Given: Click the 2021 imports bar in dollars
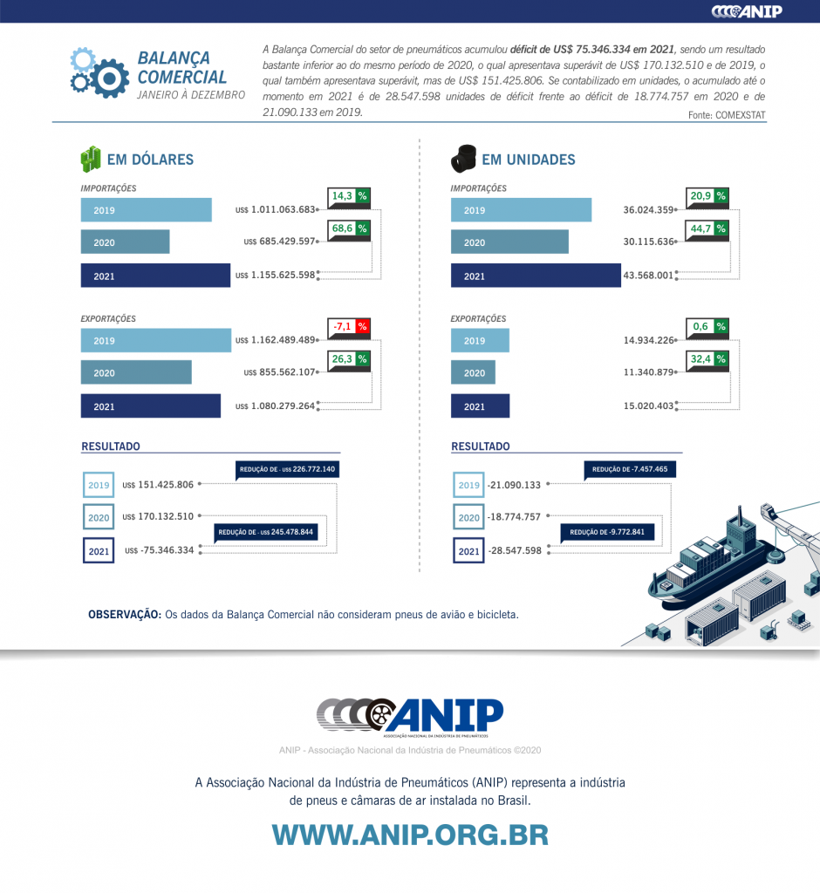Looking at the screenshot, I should point(155,276).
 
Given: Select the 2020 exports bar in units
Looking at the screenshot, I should point(473,373).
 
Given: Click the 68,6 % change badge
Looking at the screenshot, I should point(349,229).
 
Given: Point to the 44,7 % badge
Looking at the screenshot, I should point(707,229).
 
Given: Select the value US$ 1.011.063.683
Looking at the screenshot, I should point(275,210).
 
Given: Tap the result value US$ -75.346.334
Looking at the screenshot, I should point(160,550).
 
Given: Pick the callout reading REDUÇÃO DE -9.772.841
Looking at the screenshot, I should point(606,532).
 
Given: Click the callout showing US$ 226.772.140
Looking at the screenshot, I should point(287,469).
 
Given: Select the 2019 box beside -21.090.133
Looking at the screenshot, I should point(468,485).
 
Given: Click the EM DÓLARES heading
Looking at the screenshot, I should point(150,160).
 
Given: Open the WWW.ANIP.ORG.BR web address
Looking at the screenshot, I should point(410,834).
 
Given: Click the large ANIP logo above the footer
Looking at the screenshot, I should point(410,717).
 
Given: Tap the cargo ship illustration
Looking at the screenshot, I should point(715,567).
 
